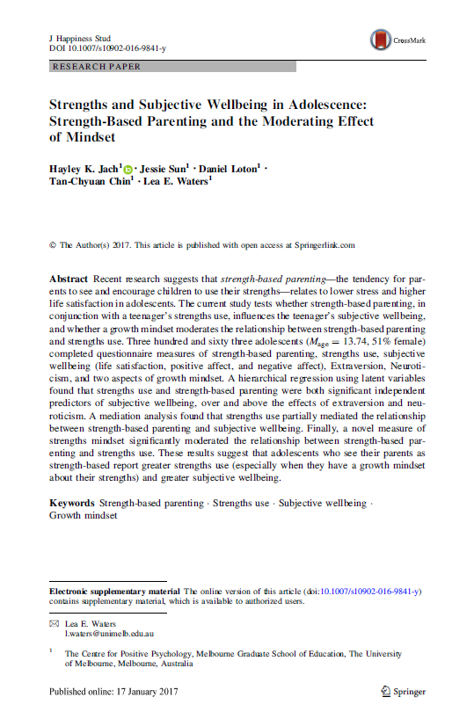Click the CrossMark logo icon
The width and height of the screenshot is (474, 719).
[x=381, y=40]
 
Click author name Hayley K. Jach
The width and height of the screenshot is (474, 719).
[x=83, y=168]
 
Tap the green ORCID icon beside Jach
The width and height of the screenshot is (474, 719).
[x=128, y=169]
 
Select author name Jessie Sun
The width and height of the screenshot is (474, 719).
[x=164, y=168]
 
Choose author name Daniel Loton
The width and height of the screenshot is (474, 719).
[x=230, y=168]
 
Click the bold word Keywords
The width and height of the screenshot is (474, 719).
[x=72, y=503]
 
